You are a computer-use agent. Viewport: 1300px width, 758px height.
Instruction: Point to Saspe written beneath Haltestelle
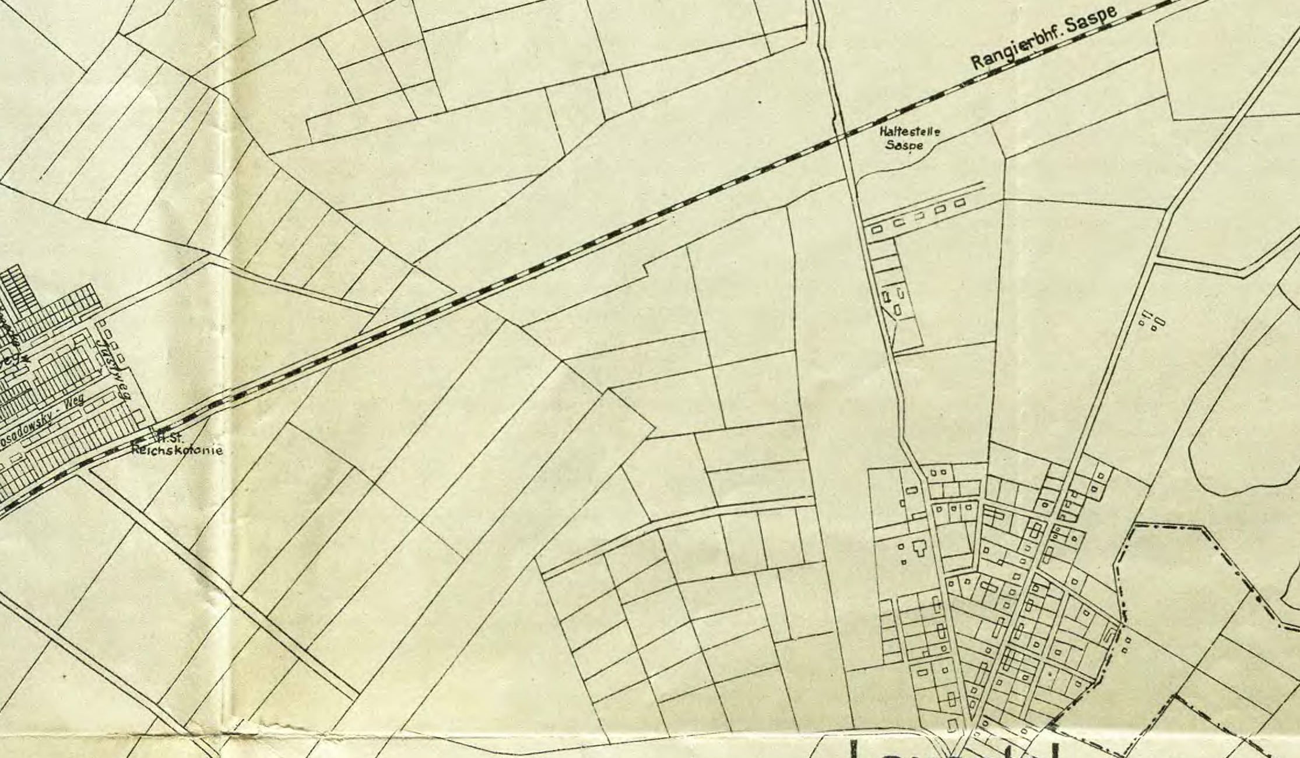click(904, 145)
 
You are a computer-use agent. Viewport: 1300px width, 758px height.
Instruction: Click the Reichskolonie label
click(177, 450)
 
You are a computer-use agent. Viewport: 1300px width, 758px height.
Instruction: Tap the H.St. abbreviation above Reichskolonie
click(167, 438)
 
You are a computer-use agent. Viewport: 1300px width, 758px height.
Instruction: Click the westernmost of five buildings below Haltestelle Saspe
click(877, 230)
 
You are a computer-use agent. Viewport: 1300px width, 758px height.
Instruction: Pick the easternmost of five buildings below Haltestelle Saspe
click(959, 203)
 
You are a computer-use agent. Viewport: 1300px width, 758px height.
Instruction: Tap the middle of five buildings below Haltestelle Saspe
click(919, 216)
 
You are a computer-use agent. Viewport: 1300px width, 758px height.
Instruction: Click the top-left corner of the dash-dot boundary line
click(1134, 526)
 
